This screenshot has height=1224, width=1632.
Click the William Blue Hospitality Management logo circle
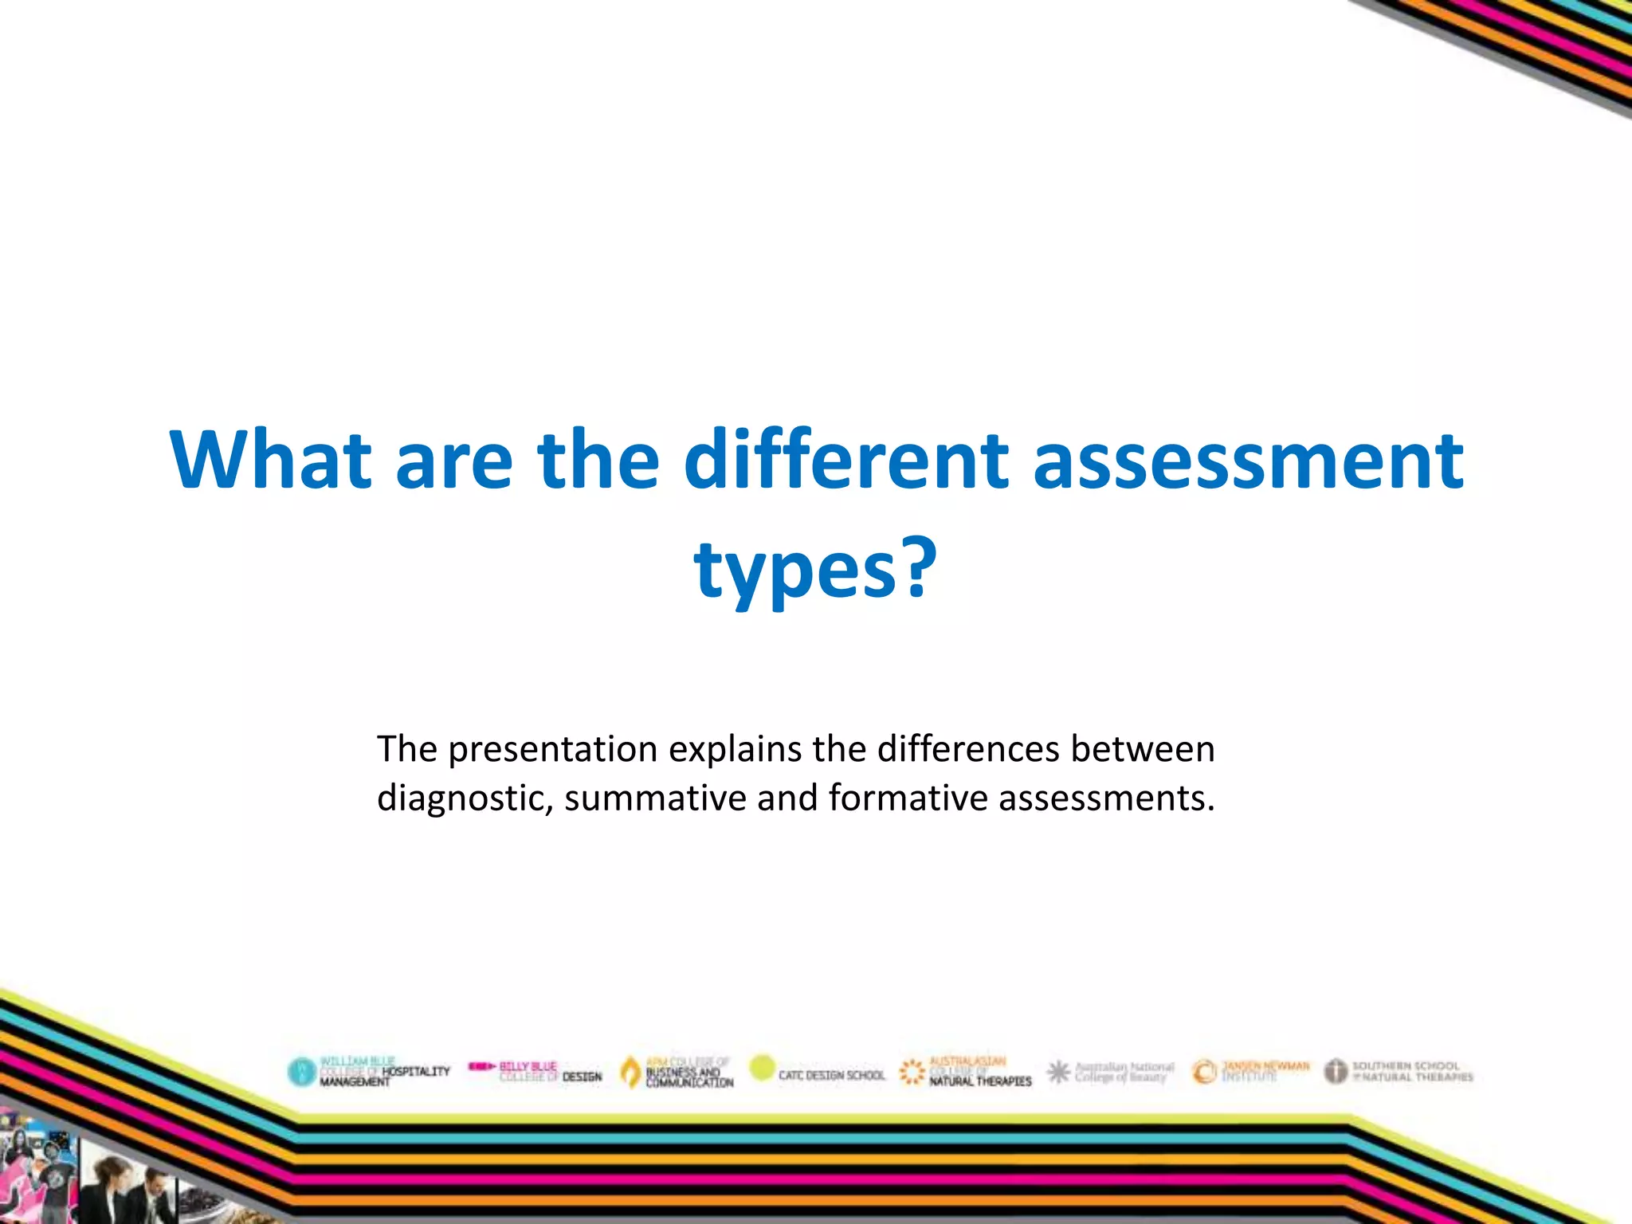[x=302, y=1072]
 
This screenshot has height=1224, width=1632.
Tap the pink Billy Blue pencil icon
[x=482, y=1066]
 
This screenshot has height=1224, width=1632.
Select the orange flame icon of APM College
[x=630, y=1072]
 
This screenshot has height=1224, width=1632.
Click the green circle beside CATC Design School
[x=763, y=1068]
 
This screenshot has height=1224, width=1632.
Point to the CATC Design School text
[x=831, y=1075]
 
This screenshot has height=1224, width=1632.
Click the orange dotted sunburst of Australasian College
[x=912, y=1072]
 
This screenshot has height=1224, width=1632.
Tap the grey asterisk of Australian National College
[x=1058, y=1072]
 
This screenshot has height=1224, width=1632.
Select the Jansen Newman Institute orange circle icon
[x=1204, y=1072]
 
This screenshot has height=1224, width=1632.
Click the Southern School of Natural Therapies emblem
[x=1336, y=1071]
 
